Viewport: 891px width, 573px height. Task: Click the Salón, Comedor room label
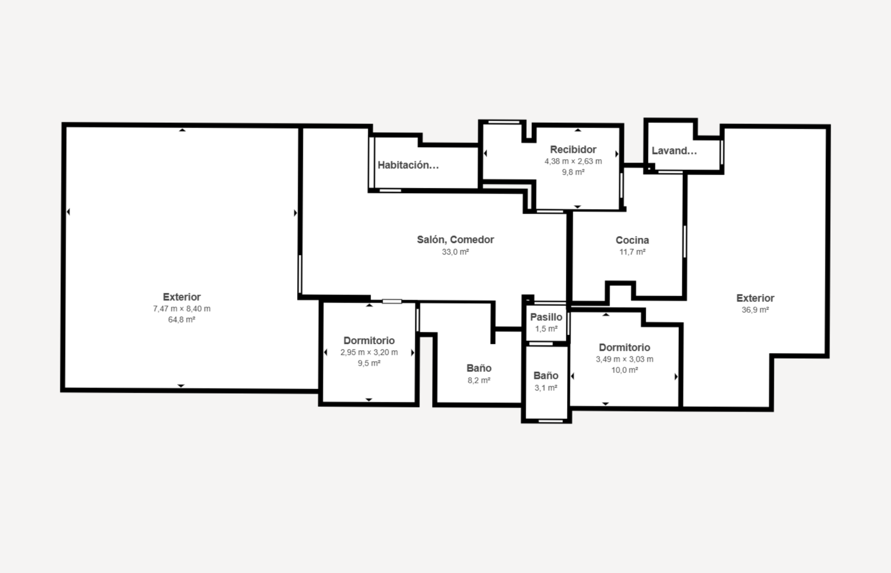pyautogui.click(x=455, y=240)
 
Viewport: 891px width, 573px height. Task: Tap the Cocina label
pyautogui.click(x=632, y=240)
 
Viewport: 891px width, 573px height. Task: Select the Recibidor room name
pyautogui.click(x=573, y=149)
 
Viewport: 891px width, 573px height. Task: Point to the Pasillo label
pyautogui.click(x=546, y=317)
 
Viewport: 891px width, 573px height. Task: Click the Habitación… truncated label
pyautogui.click(x=408, y=165)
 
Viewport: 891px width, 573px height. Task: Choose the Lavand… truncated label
pyautogui.click(x=674, y=151)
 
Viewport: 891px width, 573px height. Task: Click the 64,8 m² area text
pyautogui.click(x=182, y=320)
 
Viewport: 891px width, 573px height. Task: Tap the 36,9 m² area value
pyautogui.click(x=755, y=310)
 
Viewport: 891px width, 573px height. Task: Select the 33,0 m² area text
pyautogui.click(x=455, y=252)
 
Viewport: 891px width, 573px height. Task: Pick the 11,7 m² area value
pyautogui.click(x=632, y=252)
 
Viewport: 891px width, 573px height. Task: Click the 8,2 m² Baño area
pyautogui.click(x=479, y=380)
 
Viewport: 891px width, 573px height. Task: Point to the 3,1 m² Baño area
pyautogui.click(x=546, y=388)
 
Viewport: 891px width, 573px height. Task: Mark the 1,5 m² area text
pyautogui.click(x=546, y=329)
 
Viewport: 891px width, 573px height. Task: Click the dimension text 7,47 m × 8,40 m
pyautogui.click(x=182, y=309)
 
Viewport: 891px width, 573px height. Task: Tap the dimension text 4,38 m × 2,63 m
pyautogui.click(x=573, y=161)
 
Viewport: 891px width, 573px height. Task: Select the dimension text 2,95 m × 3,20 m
pyautogui.click(x=369, y=352)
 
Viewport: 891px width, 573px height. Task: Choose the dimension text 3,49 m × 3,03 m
pyautogui.click(x=624, y=359)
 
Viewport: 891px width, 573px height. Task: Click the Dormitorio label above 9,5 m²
pyautogui.click(x=369, y=340)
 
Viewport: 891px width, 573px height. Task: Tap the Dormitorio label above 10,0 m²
pyautogui.click(x=624, y=348)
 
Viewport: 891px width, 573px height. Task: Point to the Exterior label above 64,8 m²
pyautogui.click(x=182, y=297)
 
